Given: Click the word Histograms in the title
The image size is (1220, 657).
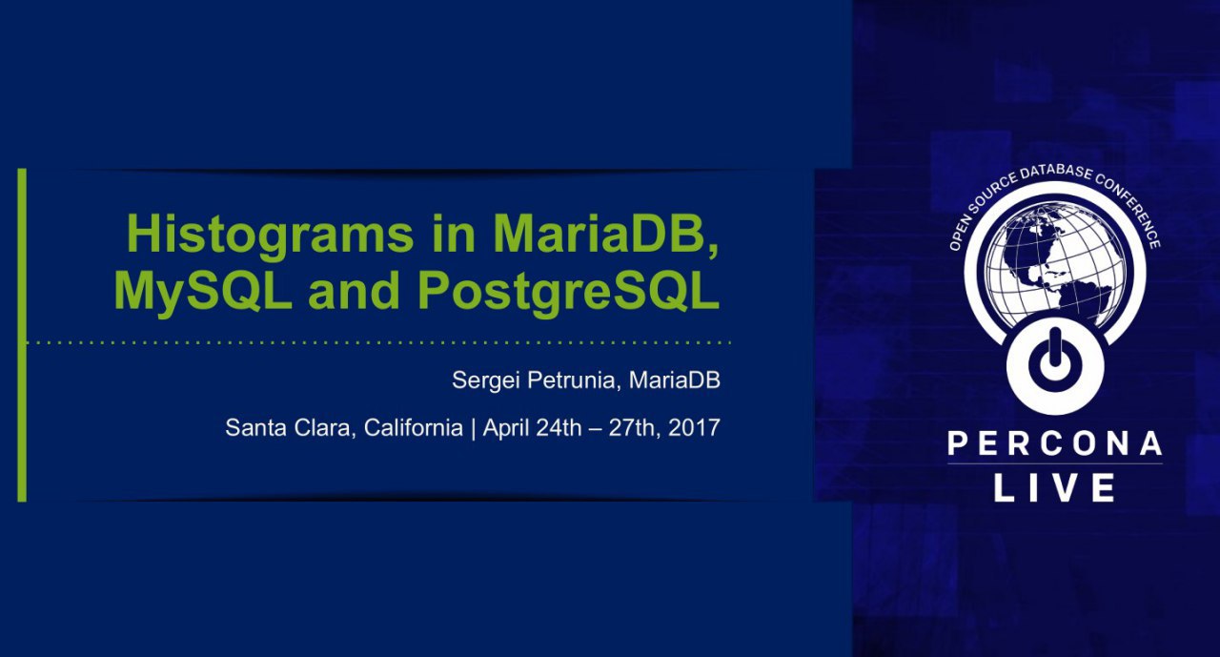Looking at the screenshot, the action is (x=270, y=236).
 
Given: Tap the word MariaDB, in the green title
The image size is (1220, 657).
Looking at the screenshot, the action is (x=605, y=236).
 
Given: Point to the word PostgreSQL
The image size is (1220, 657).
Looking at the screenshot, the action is (x=569, y=293).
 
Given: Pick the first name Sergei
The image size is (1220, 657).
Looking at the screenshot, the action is (x=486, y=380).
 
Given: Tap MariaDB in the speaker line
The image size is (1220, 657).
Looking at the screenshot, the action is (x=674, y=380).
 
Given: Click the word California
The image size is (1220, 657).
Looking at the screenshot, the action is (x=414, y=427).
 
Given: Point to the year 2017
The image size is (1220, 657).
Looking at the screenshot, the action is (x=694, y=427).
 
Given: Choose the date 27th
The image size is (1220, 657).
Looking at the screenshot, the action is (x=634, y=428).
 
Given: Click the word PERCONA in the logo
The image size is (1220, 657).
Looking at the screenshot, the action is (x=1055, y=443).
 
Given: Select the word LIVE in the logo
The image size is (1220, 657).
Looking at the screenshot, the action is (x=1055, y=487).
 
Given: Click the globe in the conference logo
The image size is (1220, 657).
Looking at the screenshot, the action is (x=1055, y=265).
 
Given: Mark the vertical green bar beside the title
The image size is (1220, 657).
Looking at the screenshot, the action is (x=22, y=335).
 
